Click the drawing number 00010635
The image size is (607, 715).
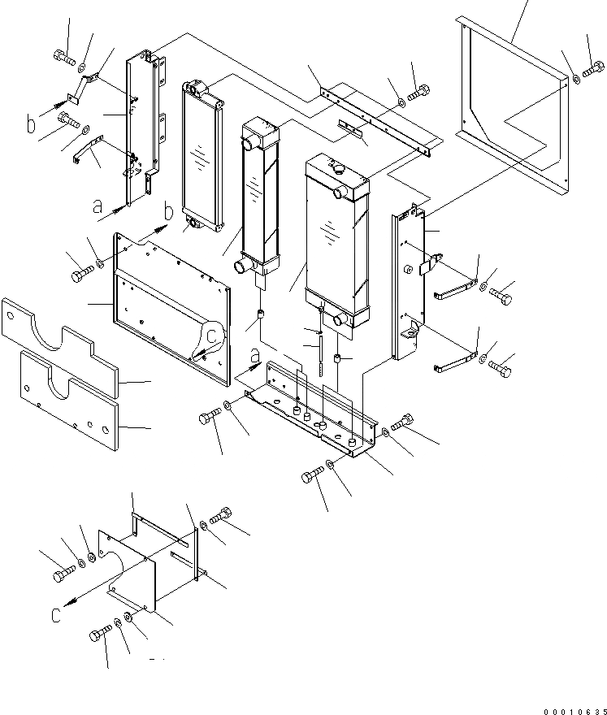(561, 708)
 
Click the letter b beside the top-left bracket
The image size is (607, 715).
(32, 125)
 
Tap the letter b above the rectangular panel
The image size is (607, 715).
(167, 212)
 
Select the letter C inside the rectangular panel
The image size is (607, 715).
(210, 335)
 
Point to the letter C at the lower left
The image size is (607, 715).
(55, 615)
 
